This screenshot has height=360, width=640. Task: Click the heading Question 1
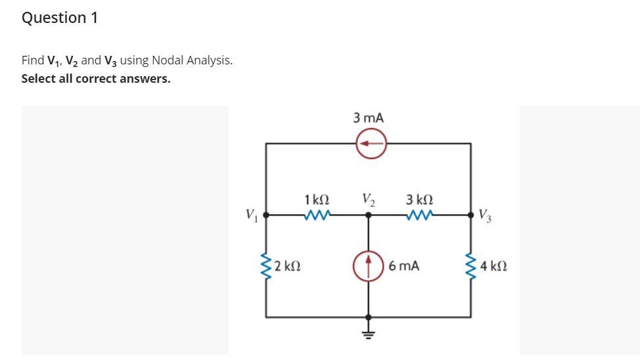click(60, 18)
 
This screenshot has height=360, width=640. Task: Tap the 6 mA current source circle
click(369, 266)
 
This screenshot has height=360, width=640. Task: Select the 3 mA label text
click(369, 118)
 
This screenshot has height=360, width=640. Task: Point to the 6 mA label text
click(403, 266)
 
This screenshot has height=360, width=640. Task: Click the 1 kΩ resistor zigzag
click(317, 214)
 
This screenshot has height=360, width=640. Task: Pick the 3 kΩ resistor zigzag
click(419, 214)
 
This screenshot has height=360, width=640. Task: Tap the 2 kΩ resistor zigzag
click(266, 266)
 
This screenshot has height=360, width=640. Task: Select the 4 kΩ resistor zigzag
click(470, 266)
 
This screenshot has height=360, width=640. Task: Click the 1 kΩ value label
click(317, 198)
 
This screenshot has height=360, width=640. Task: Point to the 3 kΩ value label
click(419, 198)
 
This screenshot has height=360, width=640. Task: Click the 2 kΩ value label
click(288, 266)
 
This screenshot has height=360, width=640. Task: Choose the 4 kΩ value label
click(493, 266)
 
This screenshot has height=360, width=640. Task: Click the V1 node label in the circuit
click(250, 214)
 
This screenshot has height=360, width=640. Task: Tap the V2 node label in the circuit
click(368, 198)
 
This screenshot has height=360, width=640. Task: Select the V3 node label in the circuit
click(484, 214)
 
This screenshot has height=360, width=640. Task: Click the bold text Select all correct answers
click(96, 79)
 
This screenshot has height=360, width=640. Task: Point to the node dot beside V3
click(470, 214)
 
